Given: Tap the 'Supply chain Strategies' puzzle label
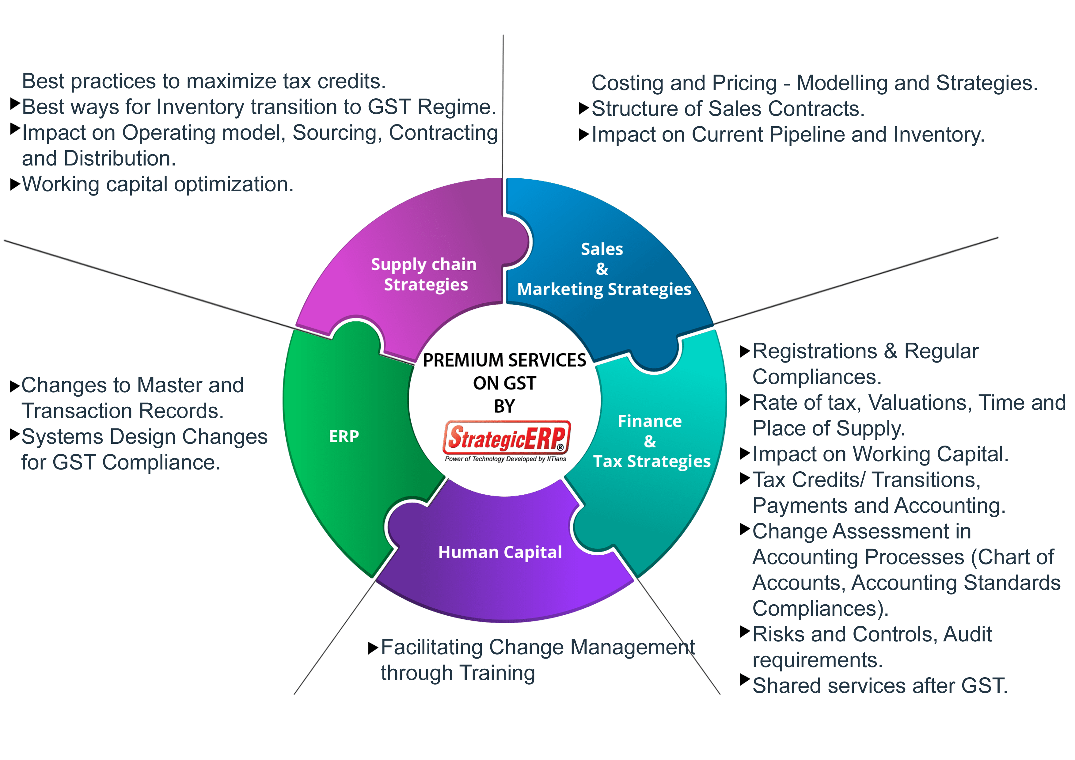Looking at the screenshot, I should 424,274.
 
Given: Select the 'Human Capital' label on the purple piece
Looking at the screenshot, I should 500,552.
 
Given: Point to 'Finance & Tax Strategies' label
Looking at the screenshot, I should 651,441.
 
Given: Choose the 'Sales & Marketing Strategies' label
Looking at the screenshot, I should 603,269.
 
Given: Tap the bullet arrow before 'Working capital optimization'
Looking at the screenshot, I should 15,184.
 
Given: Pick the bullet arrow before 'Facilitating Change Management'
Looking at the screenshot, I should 373,648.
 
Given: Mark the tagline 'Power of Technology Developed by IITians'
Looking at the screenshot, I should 506,459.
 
